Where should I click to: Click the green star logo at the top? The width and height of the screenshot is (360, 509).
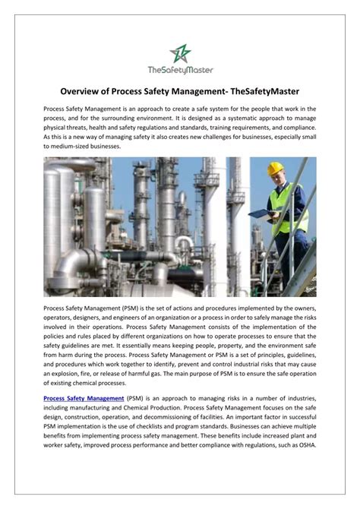180,54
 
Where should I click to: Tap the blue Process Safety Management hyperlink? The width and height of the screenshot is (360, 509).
84,398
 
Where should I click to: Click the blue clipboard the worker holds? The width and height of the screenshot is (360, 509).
261,214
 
